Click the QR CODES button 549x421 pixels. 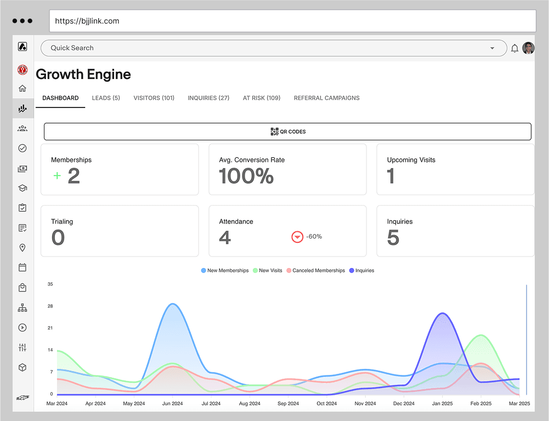pos(287,132)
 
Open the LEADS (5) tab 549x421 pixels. pos(106,98)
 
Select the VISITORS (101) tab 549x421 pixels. pos(154,98)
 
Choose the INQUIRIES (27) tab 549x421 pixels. pos(208,98)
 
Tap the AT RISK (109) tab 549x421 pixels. pos(262,98)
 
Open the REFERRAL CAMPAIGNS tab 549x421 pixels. pos(326,98)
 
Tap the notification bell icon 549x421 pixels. pos(514,48)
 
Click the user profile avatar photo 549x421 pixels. pos(528,48)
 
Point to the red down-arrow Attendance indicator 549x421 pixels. pos(297,237)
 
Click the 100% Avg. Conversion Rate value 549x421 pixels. pos(246,176)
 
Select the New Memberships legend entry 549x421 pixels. pos(225,271)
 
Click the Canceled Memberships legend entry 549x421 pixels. pos(315,271)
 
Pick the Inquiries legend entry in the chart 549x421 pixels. pos(361,271)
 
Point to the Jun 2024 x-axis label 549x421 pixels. pos(172,403)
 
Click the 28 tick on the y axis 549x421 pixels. pos(50,306)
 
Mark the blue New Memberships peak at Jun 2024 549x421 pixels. pos(173,304)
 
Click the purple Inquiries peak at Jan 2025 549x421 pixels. pos(443,314)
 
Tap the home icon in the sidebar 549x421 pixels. pos(22,88)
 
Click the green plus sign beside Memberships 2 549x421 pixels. pos(56,176)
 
